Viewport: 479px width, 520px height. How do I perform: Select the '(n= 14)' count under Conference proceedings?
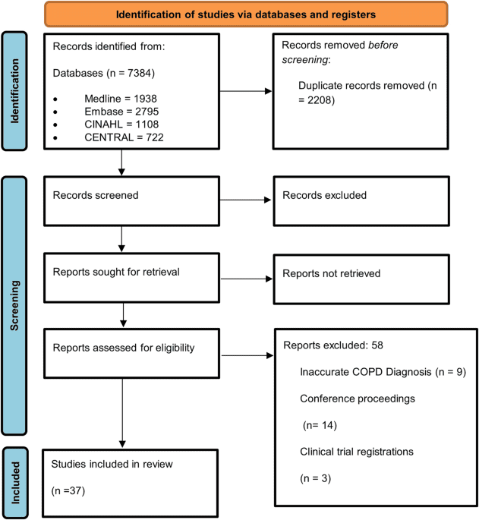320,424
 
